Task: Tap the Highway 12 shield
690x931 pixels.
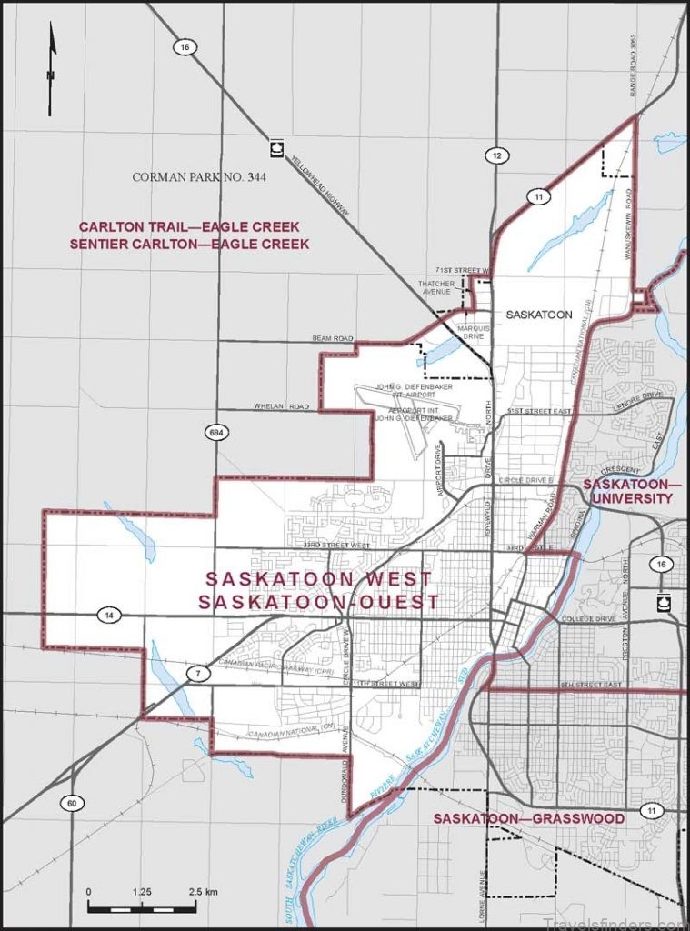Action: [x=495, y=156]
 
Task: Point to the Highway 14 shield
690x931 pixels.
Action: [x=109, y=616]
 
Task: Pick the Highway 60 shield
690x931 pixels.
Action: [x=70, y=803]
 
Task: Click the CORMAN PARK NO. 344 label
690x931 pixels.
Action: [x=199, y=177]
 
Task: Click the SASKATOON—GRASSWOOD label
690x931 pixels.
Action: [x=528, y=819]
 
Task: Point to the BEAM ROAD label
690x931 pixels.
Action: [x=332, y=338]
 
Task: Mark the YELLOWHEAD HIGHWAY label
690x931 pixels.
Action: [x=321, y=187]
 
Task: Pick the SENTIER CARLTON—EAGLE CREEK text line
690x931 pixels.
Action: [x=194, y=244]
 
